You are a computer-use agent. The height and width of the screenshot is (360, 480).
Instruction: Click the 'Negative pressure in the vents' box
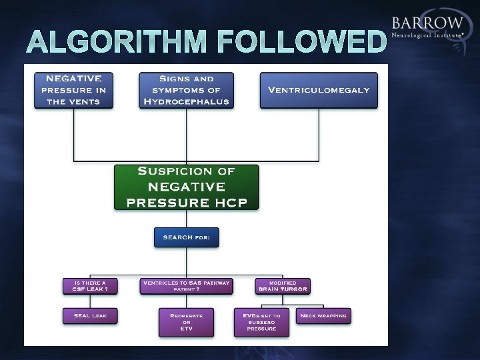point(73,90)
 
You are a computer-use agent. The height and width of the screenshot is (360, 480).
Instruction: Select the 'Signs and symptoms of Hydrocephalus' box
point(186,90)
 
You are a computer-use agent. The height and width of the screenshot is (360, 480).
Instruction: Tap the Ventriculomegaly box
point(319,90)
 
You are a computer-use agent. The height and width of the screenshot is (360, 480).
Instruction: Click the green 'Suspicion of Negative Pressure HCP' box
point(186,187)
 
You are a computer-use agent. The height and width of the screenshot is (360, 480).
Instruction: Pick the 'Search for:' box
point(186,237)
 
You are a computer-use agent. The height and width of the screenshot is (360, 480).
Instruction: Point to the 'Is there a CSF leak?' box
point(91,286)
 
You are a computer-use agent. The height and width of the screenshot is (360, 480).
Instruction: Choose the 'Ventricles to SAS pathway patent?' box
point(186,286)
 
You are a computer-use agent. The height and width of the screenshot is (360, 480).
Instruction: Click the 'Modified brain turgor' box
point(283,286)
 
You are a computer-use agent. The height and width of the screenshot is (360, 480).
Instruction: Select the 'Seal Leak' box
point(91,315)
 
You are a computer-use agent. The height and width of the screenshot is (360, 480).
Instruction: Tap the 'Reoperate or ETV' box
point(186,322)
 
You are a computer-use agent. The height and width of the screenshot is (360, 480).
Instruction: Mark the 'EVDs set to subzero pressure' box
point(261,322)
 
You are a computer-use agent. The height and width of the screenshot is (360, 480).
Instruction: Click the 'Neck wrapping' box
point(323,315)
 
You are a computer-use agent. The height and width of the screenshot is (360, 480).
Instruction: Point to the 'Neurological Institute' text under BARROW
point(427,35)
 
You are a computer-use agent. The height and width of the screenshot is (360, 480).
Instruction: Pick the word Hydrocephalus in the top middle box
point(186,102)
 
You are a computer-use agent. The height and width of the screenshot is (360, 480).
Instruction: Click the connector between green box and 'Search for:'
point(186,219)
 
